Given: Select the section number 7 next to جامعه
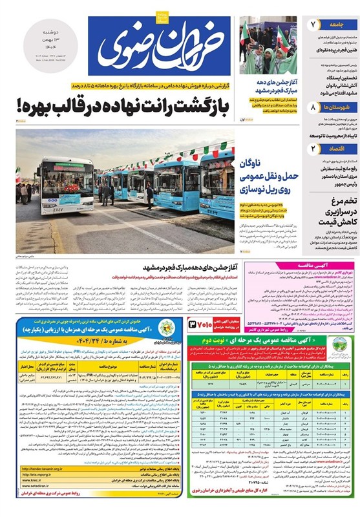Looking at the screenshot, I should tap(314, 25).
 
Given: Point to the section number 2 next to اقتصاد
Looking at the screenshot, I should tap(314, 148).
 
